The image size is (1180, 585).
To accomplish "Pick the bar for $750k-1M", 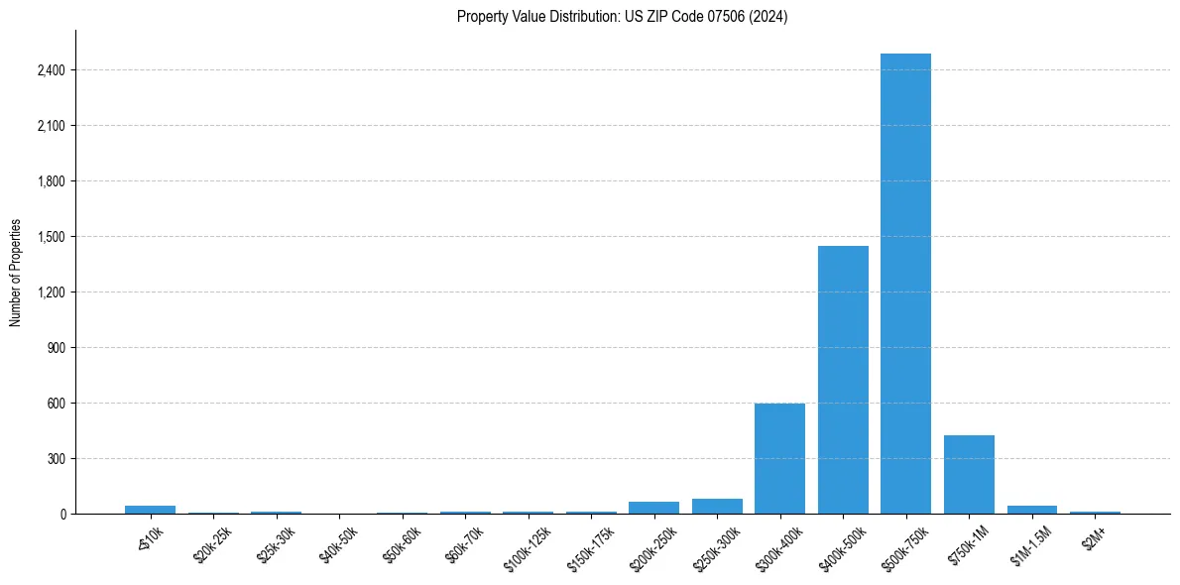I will click(969, 474).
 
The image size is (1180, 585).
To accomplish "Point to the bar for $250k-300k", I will click(717, 506).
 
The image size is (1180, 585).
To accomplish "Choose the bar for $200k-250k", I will click(653, 508).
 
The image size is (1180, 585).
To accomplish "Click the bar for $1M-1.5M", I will click(1032, 510).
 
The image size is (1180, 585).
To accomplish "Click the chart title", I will click(623, 17).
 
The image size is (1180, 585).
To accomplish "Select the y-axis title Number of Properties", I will click(16, 273).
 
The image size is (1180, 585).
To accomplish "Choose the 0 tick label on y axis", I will click(62, 515).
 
